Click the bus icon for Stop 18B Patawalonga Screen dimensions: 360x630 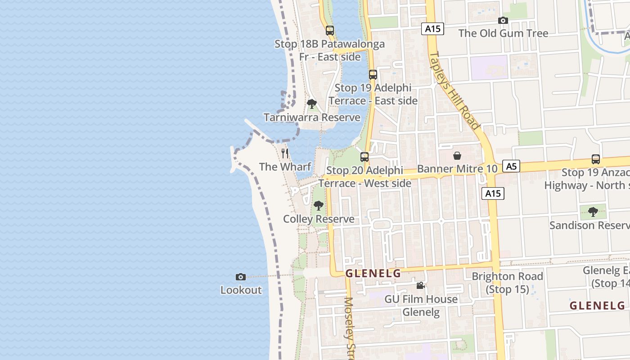pyautogui.click(x=330, y=31)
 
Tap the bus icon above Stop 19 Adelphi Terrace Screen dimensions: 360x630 pyautogui.click(x=373, y=75)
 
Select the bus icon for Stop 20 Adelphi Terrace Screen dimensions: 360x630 pyautogui.click(x=364, y=157)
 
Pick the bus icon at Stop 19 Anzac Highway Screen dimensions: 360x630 pyautogui.click(x=595, y=159)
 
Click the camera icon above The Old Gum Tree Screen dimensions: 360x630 pyautogui.click(x=503, y=20)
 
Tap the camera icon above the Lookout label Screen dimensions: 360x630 pyautogui.click(x=241, y=277)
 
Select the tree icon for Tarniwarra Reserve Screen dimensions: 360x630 pyautogui.click(x=311, y=104)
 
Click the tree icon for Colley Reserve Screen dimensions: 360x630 pyautogui.click(x=319, y=206)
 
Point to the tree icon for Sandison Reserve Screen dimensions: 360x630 pyautogui.click(x=593, y=211)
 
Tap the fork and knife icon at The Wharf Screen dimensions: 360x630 pyautogui.click(x=285, y=153)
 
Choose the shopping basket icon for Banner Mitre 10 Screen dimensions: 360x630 pyautogui.click(x=457, y=156)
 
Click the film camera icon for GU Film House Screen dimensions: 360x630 pyautogui.click(x=420, y=285)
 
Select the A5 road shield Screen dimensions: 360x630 pyautogui.click(x=511, y=166)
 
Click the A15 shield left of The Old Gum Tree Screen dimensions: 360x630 pyautogui.click(x=432, y=29)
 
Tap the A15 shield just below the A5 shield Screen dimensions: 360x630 pyautogui.click(x=493, y=193)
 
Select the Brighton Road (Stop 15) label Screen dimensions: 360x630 pyautogui.click(x=507, y=283)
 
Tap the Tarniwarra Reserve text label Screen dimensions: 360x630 pyautogui.click(x=312, y=117)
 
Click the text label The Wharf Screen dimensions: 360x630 pyautogui.click(x=285, y=167)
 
